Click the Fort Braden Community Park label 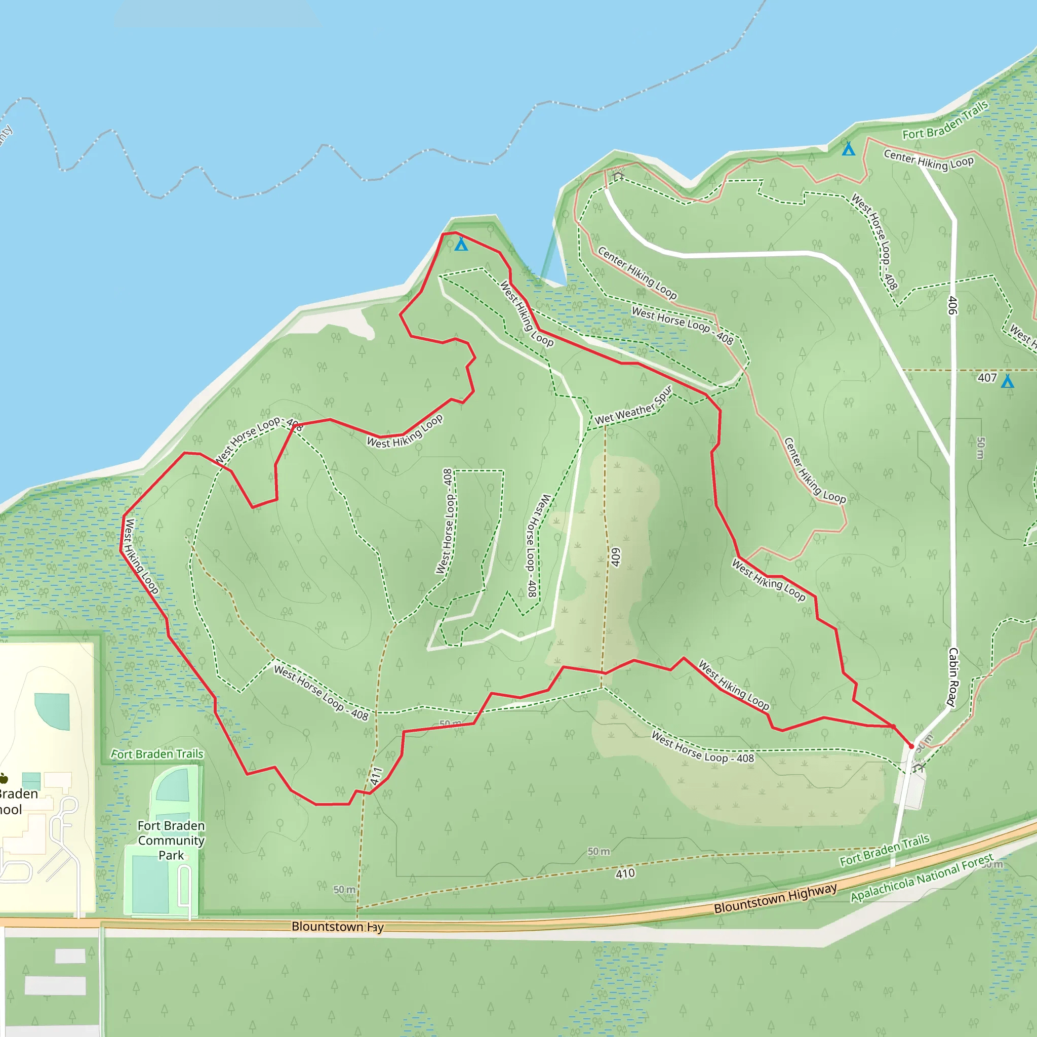coord(171,840)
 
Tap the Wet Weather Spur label coord(633,406)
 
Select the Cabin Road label coord(953,677)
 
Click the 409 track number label coord(616,557)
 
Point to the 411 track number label coord(376,776)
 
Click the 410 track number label coord(625,873)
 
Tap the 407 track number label coord(987,378)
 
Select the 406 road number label coord(953,305)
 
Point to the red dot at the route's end coord(911,746)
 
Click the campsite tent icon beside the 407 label coord(1008,381)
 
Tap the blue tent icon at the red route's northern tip coord(461,245)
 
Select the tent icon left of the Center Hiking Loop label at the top coord(848,149)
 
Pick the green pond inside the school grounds coord(53,710)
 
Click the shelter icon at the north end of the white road coord(618,175)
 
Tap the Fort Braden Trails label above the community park coord(157,754)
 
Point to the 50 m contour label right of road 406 coord(981,448)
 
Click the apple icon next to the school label coord(4,778)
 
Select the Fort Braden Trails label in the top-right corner coord(945,120)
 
